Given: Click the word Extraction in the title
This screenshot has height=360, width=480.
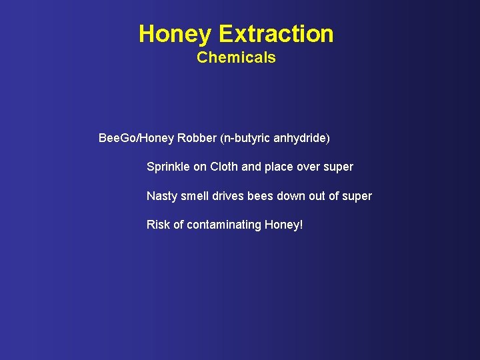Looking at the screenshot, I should [x=276, y=33].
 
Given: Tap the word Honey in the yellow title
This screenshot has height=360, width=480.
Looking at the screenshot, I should [x=175, y=33].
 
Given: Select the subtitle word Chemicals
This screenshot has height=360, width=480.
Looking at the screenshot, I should [x=236, y=57].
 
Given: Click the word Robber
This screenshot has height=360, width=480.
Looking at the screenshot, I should [x=197, y=138].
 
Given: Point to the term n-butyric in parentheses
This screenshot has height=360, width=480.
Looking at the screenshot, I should [x=242, y=138].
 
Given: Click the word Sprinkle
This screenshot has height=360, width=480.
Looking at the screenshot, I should [x=168, y=167].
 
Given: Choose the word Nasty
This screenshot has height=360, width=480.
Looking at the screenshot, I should [x=162, y=196].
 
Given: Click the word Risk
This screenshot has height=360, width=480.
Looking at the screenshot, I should [x=158, y=225].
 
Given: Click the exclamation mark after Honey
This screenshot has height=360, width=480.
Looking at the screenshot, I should [x=301, y=225].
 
